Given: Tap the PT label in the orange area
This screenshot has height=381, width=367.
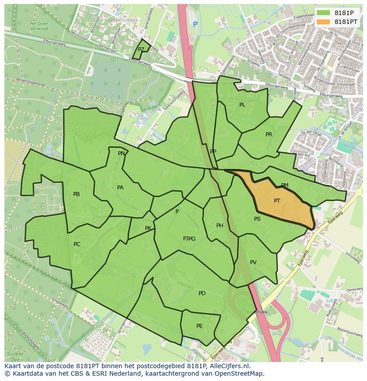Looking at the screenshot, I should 277,201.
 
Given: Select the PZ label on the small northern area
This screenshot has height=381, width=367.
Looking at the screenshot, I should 141,50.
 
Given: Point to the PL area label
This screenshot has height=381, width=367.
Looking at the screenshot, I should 242,105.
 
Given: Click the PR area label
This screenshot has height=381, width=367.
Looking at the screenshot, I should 269,135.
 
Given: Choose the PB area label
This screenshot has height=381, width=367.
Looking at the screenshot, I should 76,194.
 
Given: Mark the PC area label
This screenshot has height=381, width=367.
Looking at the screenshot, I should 77,244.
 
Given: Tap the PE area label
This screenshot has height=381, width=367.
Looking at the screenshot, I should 199,326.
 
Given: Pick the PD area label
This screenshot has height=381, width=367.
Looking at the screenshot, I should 202,293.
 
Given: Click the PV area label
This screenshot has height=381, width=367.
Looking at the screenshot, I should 253,262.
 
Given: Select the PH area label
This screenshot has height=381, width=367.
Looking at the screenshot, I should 220,226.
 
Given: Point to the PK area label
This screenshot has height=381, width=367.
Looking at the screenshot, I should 148,228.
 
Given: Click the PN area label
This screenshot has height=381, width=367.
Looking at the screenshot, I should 121,154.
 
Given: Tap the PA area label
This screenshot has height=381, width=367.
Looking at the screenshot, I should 120,188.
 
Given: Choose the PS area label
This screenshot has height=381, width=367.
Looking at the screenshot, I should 257,219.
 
